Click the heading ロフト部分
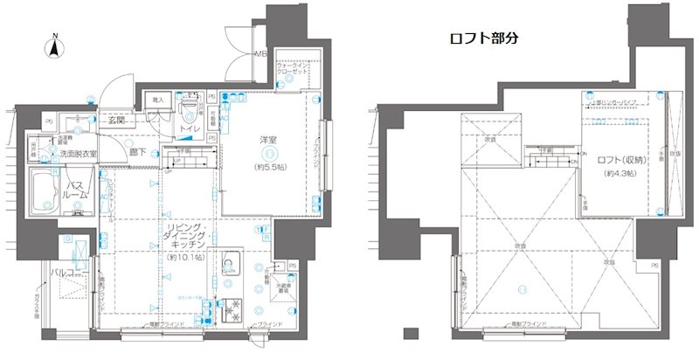pos(484,38)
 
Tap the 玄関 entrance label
pos(119,121)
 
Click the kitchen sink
pos(230,266)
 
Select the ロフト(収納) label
pos(621,160)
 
